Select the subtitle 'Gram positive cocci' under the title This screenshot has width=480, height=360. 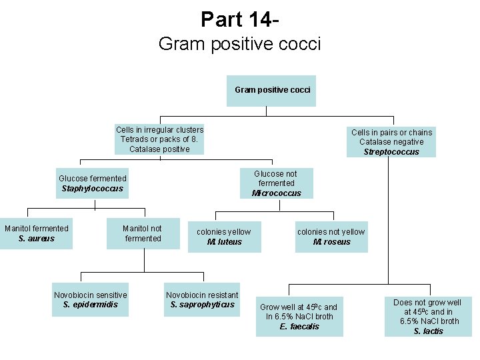[x=239, y=44]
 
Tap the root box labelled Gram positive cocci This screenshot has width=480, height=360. [x=271, y=90]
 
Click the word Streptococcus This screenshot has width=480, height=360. [x=391, y=152]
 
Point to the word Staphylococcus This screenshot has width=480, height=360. [x=92, y=189]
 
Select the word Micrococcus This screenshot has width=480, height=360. [x=276, y=193]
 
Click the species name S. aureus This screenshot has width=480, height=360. [x=37, y=239]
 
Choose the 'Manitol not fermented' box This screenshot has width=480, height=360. [x=143, y=233]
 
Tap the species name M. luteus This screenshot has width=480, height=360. [x=224, y=242]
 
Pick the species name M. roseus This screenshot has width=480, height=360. [x=331, y=242]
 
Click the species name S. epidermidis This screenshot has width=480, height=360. [x=90, y=305]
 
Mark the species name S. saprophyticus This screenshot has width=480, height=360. [x=202, y=305]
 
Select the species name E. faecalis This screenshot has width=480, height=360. [x=299, y=327]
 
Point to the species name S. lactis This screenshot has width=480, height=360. [x=427, y=331]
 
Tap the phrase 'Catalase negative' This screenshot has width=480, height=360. [x=391, y=142]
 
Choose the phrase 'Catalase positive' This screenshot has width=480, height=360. [x=159, y=149]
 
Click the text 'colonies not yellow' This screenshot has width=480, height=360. [x=331, y=232]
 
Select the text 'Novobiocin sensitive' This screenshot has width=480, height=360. [x=90, y=295]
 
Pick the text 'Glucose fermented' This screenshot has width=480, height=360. [x=92, y=179]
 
